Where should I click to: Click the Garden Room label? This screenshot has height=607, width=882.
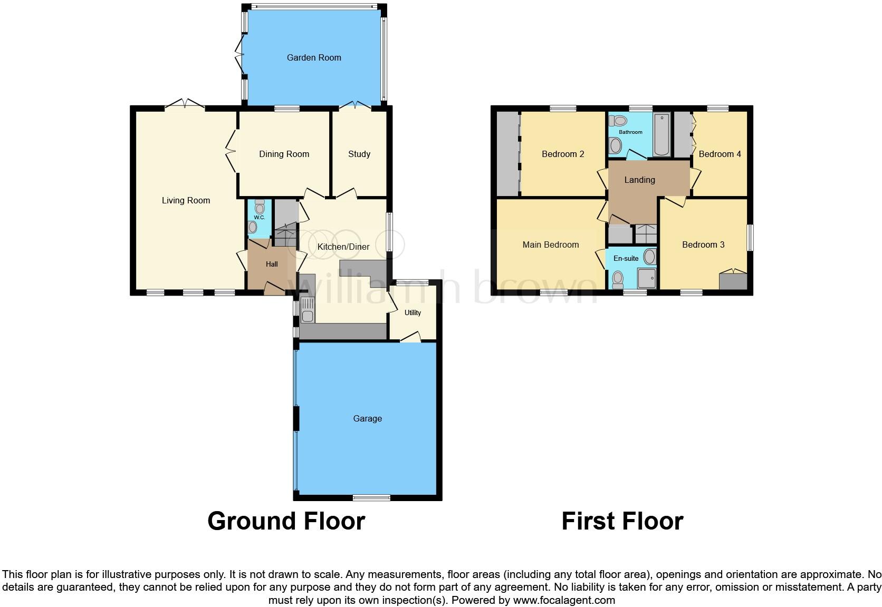point(314,57)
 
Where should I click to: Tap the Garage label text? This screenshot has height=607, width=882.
point(367,418)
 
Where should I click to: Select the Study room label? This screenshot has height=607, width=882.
point(359,154)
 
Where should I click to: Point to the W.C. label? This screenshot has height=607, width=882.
point(259,217)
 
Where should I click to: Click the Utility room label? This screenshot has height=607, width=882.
point(413,312)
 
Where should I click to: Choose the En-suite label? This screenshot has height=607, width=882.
point(626,258)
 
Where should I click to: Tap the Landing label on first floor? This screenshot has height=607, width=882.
point(639,180)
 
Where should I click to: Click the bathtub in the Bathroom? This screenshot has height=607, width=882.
point(661,134)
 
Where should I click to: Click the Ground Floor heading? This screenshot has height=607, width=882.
point(286,521)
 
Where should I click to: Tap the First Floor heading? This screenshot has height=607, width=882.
point(622,521)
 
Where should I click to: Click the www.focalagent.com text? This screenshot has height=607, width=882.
point(564,600)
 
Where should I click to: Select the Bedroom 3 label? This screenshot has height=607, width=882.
point(703,244)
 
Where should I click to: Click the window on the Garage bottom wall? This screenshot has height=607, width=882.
point(371,497)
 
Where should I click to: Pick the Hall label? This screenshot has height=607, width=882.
point(272,264)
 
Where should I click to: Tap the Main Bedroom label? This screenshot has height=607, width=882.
point(550,244)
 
